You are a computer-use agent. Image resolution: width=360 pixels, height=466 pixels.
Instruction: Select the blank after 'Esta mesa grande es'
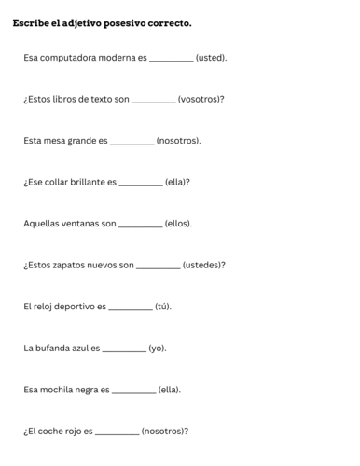[132, 143]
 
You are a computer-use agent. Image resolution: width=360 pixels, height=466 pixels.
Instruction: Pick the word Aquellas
[45, 224]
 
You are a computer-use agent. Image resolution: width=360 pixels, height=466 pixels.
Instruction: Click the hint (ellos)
[178, 224]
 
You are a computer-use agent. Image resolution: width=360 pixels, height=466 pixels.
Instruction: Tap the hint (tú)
[163, 307]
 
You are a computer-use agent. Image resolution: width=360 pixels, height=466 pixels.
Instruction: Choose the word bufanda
[59, 348]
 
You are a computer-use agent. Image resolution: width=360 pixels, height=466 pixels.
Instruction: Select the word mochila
[61, 390]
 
